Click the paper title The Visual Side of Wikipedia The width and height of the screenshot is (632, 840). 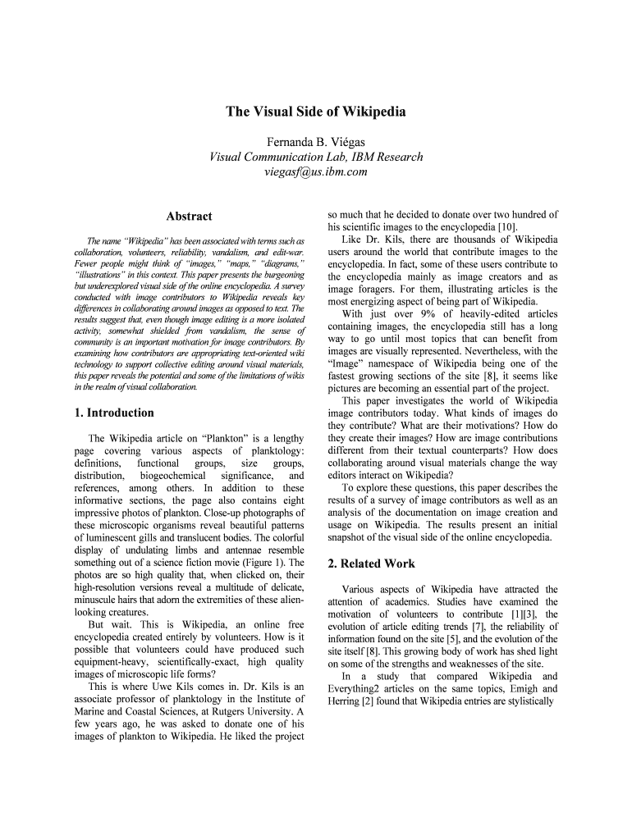click(x=316, y=112)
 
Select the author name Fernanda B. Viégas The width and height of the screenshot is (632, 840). click(x=316, y=140)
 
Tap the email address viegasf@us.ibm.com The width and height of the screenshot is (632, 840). click(x=316, y=171)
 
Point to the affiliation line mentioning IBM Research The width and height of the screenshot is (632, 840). click(x=316, y=156)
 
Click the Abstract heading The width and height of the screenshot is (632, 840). click(x=189, y=217)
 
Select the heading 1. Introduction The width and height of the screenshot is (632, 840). click(x=114, y=413)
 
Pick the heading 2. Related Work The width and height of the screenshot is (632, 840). click(x=371, y=564)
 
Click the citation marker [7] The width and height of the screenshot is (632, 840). click(x=468, y=626)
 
